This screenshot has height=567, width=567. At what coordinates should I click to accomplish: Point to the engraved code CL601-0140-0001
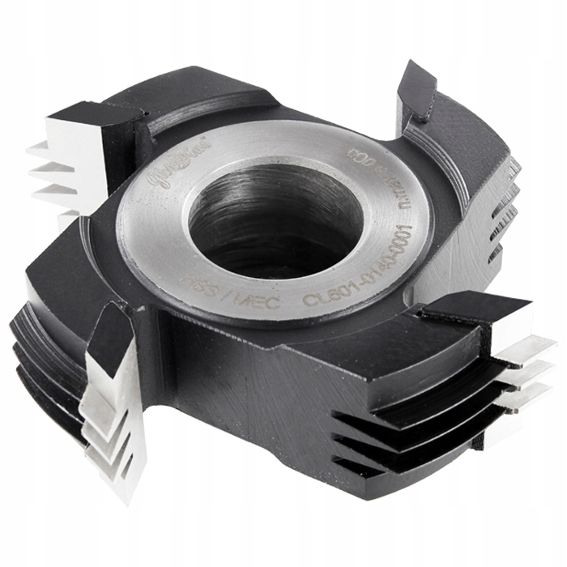(356, 267)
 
